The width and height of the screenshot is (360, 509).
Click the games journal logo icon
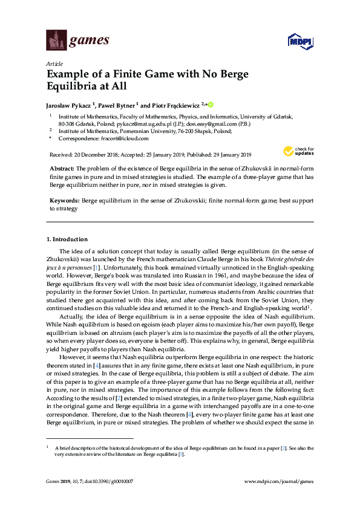[x=56, y=41]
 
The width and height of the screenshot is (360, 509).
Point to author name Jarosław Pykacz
[x=69, y=104]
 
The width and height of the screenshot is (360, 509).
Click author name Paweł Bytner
[x=116, y=104]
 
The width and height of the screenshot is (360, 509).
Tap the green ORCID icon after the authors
[x=212, y=103]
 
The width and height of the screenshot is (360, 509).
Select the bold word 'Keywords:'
[x=63, y=199]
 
